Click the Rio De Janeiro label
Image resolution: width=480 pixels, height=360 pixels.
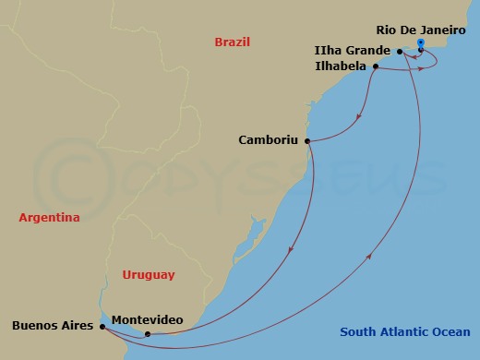coord(426,30)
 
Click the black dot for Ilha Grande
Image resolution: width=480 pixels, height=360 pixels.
coord(400,52)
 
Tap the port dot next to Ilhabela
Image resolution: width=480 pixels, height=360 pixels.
coord(376,66)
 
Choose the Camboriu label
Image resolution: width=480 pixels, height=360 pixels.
coord(267,141)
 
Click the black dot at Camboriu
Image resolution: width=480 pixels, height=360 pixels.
coord(306,141)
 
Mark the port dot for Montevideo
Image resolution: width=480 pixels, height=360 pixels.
coord(148,334)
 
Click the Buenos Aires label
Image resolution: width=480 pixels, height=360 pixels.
coord(52,326)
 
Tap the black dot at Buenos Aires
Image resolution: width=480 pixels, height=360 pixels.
coord(101,326)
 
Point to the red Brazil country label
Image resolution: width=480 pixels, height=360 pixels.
coord(233,42)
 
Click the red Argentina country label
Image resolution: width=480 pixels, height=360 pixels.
coord(49,218)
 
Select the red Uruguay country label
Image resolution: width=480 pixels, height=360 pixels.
coord(148,275)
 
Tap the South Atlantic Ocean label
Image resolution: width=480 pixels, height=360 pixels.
coord(404,332)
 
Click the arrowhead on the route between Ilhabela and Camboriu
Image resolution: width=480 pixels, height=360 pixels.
coord(357,116)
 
